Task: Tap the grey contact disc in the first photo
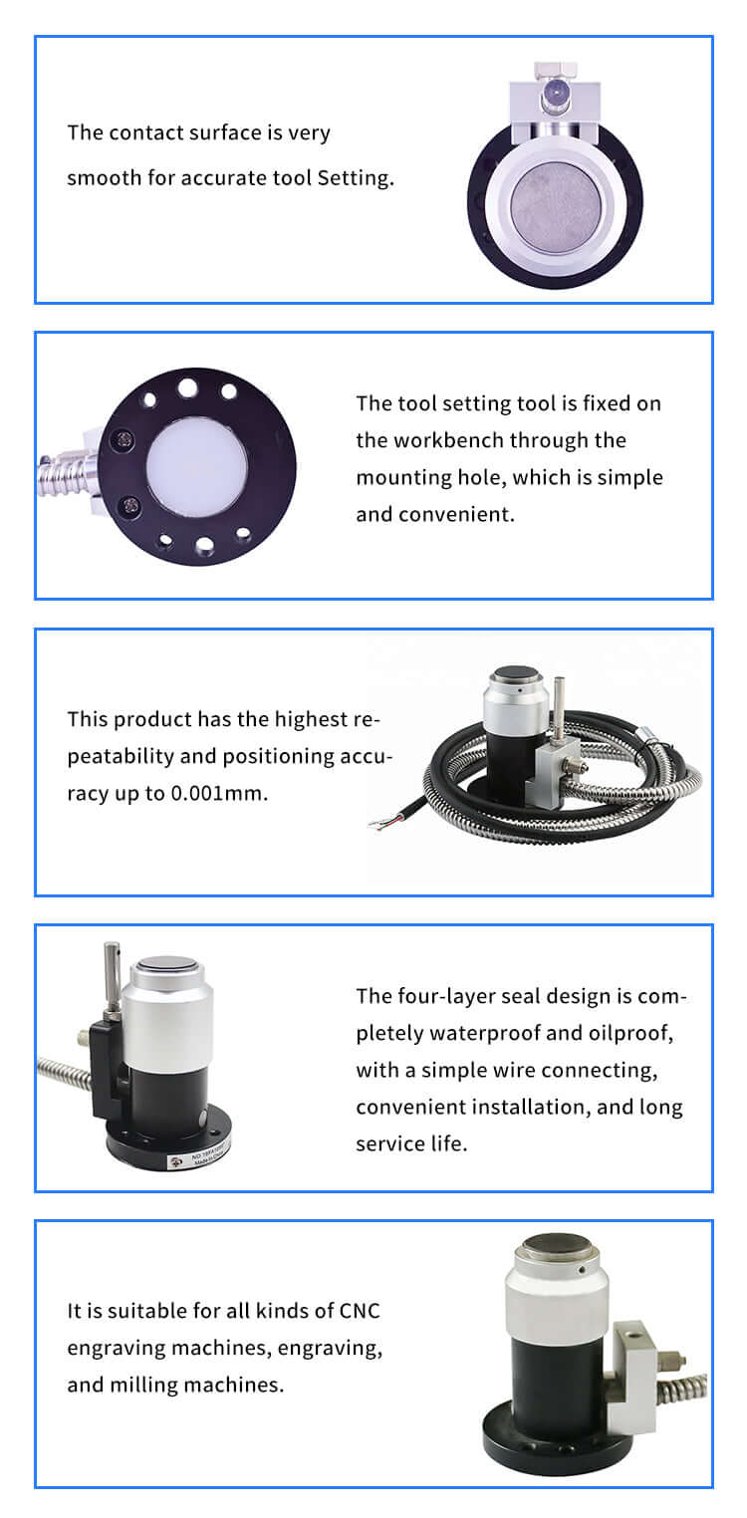click(x=555, y=204)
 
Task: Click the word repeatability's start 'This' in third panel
click(x=88, y=719)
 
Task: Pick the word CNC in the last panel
click(x=359, y=1311)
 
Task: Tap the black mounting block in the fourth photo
click(x=109, y=1072)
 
